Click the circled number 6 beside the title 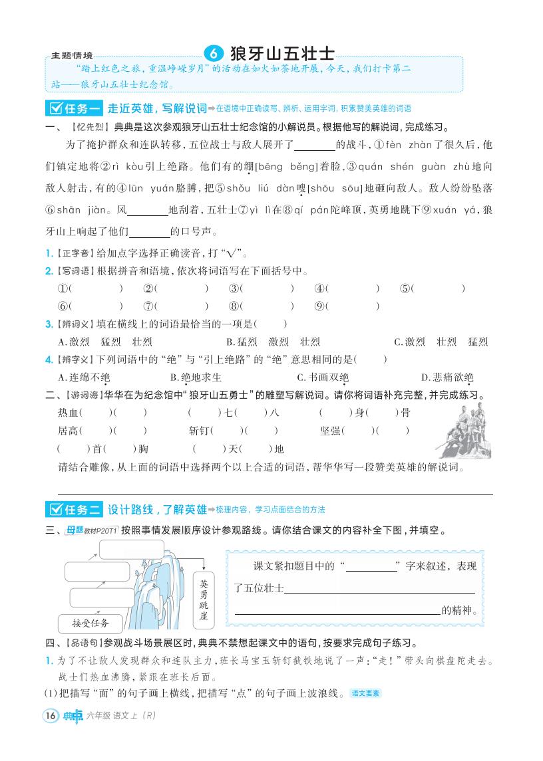click(x=213, y=53)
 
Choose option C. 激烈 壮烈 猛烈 click(x=442, y=342)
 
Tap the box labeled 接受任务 click(x=90, y=623)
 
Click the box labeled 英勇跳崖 click(x=204, y=598)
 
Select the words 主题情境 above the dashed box click(x=72, y=55)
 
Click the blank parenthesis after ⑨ click(x=355, y=306)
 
